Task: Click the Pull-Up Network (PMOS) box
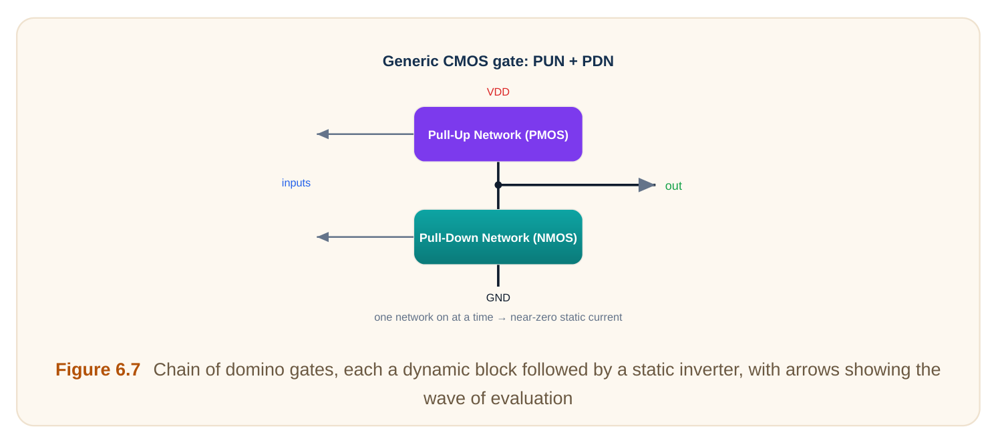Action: [x=498, y=134]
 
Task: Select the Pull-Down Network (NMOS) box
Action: [x=498, y=237]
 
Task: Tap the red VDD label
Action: [x=498, y=92]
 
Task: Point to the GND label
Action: [x=498, y=298]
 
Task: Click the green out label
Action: [x=673, y=186]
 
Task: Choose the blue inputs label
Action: [x=296, y=182]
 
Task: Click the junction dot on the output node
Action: [x=498, y=185]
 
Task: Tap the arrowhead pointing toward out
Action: [x=647, y=185]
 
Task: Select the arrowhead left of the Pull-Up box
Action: [x=323, y=134]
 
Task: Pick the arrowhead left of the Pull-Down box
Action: [x=323, y=237]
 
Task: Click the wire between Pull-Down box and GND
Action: [x=498, y=275]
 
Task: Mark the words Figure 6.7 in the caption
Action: [x=98, y=370]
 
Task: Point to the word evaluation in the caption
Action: [x=531, y=398]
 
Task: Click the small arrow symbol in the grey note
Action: [x=502, y=318]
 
